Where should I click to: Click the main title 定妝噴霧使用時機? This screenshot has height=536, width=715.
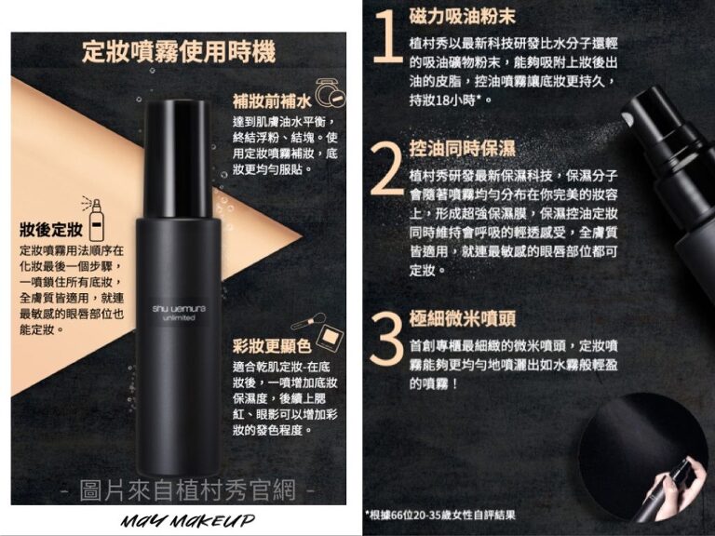pos(179,51)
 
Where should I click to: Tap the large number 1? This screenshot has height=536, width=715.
pos(388,36)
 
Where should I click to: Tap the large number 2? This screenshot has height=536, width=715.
pos(387,168)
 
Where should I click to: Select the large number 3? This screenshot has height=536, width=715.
pos(386,339)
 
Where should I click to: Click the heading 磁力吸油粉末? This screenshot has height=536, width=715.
pos(463,16)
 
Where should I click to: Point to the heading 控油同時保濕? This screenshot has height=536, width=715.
pos(463,148)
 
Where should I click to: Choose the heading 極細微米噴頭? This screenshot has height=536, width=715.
pos(463,318)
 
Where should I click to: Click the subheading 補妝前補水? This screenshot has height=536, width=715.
pos(272,100)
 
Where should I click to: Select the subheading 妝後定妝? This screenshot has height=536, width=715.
pos(51,229)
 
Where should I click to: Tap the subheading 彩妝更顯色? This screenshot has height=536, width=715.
pos(272,346)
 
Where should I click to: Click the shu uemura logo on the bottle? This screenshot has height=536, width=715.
pos(179,313)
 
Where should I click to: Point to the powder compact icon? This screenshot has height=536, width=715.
pos(330,93)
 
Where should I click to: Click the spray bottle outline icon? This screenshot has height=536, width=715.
pos(93,220)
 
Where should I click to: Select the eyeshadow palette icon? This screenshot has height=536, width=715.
pos(331,336)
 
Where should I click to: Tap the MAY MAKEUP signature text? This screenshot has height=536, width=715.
pos(188,520)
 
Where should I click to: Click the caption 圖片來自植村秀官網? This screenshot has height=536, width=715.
pos(188,490)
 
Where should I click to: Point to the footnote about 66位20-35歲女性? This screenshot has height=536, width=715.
pos(440,515)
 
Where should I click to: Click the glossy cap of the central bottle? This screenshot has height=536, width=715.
pos(178,158)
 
